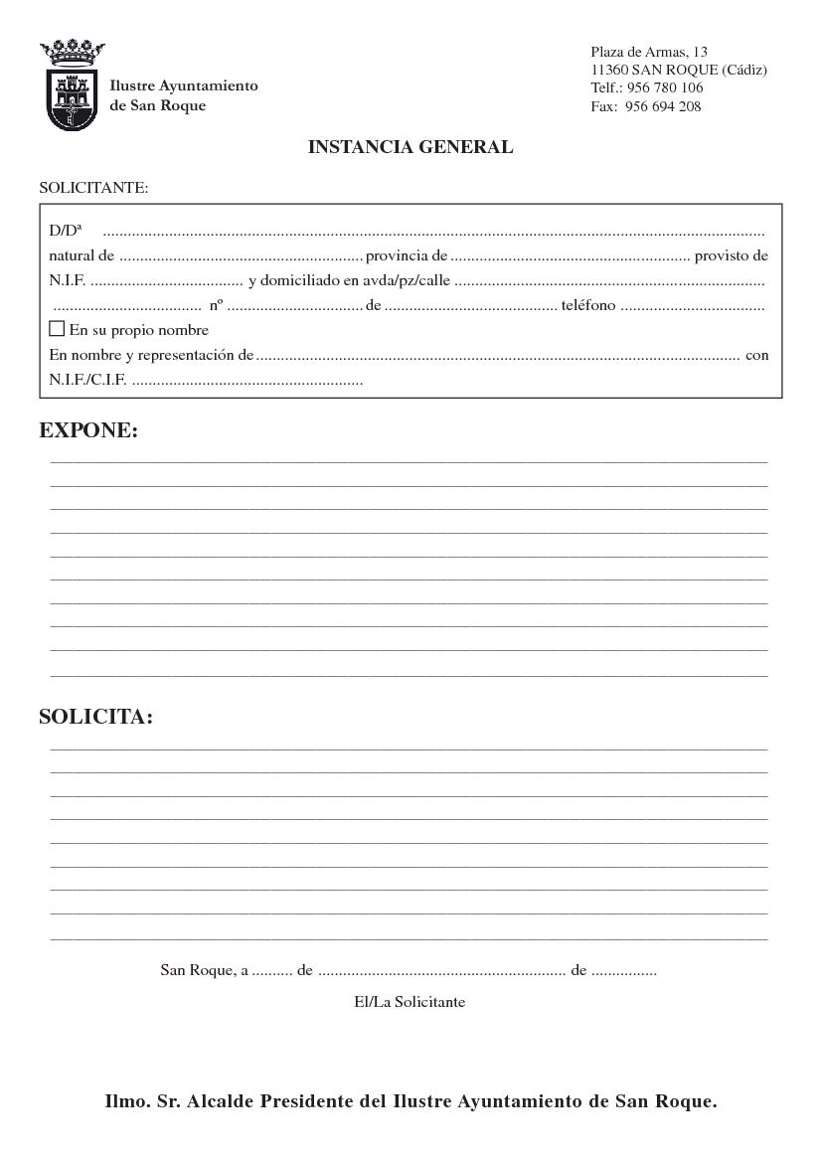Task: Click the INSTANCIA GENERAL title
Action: pyautogui.click(x=411, y=147)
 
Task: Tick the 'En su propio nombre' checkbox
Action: pyautogui.click(x=57, y=328)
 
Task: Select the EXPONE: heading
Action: pyautogui.click(x=88, y=430)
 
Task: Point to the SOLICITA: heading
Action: pyautogui.click(x=96, y=717)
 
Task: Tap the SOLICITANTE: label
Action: pyautogui.click(x=93, y=187)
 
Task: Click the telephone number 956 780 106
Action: pyautogui.click(x=665, y=87)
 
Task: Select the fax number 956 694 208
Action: pyautogui.click(x=663, y=106)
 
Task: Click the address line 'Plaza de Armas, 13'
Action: pyautogui.click(x=649, y=52)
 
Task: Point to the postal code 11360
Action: pyautogui.click(x=609, y=70)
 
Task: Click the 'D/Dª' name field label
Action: pyautogui.click(x=66, y=231)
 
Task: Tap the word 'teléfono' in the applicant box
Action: pyautogui.click(x=588, y=305)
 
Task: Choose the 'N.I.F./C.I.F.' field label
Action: pyautogui.click(x=87, y=380)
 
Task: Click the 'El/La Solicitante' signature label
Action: pyautogui.click(x=410, y=1001)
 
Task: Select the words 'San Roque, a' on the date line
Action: pyautogui.click(x=205, y=970)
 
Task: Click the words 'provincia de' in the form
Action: pyautogui.click(x=407, y=255)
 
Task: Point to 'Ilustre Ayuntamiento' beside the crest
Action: pyautogui.click(x=184, y=85)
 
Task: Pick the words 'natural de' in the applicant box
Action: pyautogui.click(x=82, y=255)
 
